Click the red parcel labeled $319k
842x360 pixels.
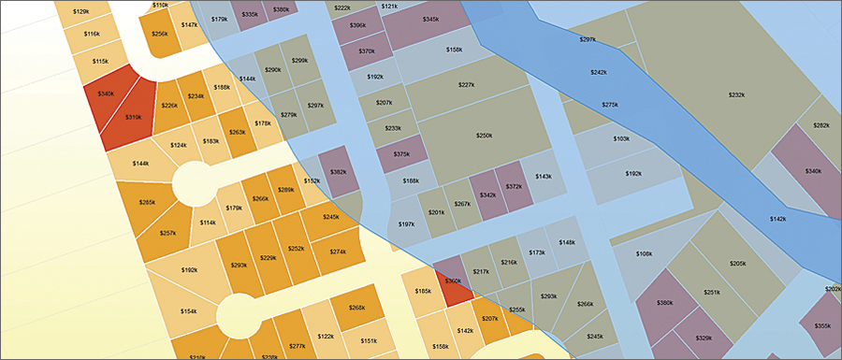[134, 118]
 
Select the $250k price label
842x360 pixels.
[484, 136]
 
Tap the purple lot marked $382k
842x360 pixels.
[339, 172]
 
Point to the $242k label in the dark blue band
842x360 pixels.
[598, 72]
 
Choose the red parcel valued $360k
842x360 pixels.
[453, 281]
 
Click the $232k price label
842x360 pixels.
[737, 94]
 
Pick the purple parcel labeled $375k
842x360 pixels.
[401, 154]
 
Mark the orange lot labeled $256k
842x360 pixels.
[159, 34]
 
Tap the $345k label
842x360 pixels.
[430, 19]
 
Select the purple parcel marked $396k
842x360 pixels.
[357, 25]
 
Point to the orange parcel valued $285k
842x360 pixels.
[147, 202]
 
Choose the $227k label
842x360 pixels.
[467, 85]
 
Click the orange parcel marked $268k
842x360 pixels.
[356, 308]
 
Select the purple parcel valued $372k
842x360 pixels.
[514, 186]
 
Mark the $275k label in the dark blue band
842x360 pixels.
[610, 105]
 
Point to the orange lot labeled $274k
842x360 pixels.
[338, 252]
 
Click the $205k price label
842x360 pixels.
[738, 264]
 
